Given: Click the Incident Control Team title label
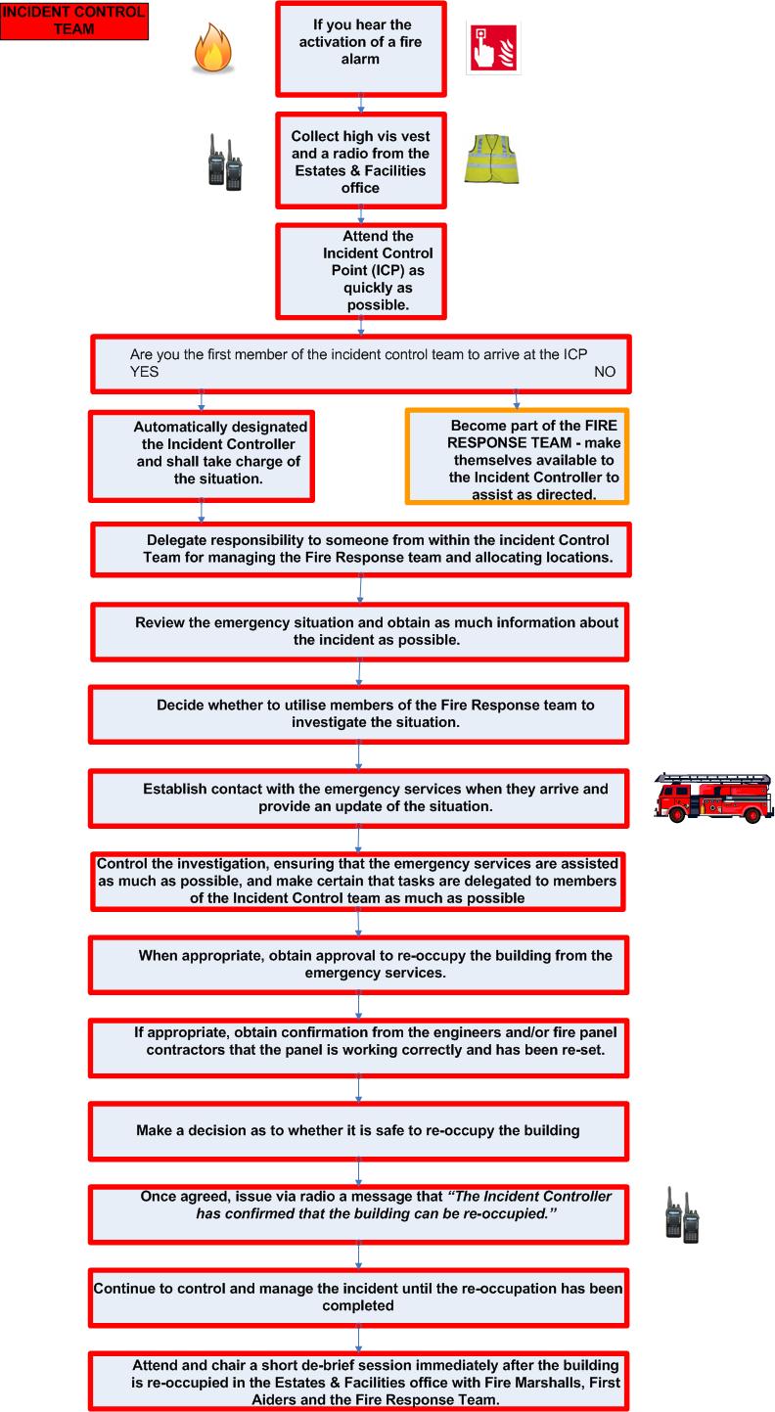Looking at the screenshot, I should click(74, 21).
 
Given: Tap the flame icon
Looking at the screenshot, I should click(210, 51).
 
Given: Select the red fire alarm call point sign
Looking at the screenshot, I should click(492, 47).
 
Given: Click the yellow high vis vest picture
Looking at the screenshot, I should click(491, 159).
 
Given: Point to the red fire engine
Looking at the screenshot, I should click(713, 797).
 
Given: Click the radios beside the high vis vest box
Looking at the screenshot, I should click(224, 163).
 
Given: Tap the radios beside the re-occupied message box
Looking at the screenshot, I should click(682, 1216).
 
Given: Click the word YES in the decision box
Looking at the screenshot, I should click(144, 373).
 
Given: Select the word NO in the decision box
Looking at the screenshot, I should click(606, 373).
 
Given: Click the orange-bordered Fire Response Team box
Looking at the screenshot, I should click(517, 456).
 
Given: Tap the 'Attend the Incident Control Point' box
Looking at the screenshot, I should click(361, 271).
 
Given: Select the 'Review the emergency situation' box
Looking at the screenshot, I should click(360, 631).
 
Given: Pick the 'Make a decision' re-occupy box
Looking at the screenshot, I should click(358, 1130).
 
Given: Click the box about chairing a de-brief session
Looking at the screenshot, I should click(358, 1381).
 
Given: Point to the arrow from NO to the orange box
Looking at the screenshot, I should click(517, 398).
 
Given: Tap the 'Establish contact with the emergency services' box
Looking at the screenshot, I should click(358, 797).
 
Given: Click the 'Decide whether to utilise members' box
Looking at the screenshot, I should click(358, 713).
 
